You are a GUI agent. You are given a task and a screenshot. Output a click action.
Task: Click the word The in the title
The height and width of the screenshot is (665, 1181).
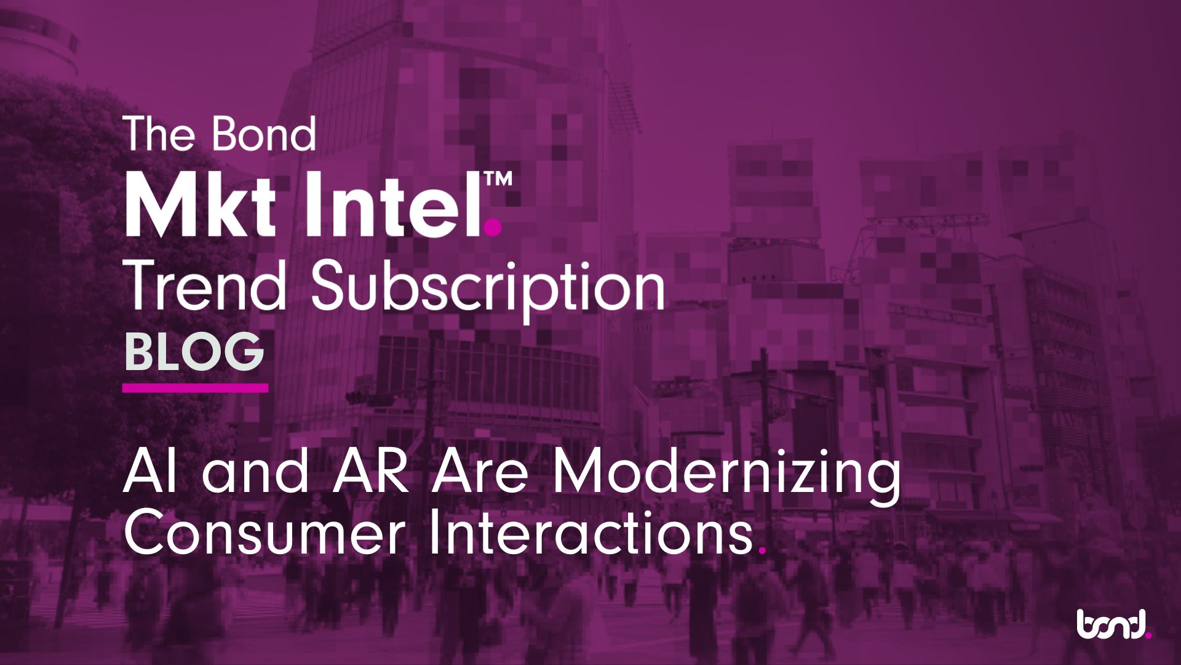[159, 134]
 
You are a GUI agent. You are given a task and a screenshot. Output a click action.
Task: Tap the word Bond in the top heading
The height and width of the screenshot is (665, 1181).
[264, 134]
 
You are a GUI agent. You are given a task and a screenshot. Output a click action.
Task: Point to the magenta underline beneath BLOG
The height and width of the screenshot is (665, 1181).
[195, 388]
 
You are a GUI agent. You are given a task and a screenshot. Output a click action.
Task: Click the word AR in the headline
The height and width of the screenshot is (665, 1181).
[370, 472]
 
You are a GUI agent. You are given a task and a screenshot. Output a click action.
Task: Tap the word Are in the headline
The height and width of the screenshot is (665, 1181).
[480, 472]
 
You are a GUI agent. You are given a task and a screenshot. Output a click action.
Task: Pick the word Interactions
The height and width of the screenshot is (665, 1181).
[590, 531]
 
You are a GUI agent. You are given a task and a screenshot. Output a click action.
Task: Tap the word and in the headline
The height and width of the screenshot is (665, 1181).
[256, 472]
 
